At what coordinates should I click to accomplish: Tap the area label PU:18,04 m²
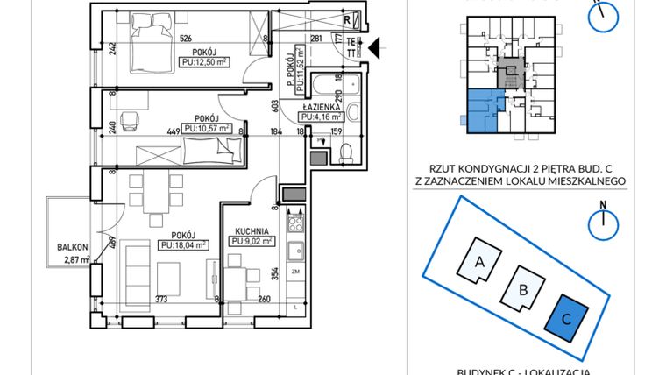point(183,245)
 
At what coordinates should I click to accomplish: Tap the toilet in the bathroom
point(345,152)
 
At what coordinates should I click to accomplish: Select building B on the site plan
point(522,290)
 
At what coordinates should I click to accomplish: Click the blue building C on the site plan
point(567,320)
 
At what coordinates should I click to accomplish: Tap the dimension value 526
point(186,38)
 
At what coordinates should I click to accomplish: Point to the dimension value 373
point(160,299)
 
